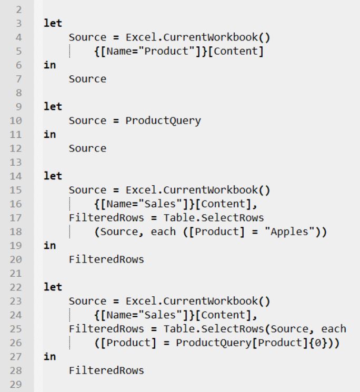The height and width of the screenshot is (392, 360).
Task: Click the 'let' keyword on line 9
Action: (x=53, y=107)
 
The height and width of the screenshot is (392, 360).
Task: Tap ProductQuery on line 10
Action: (x=163, y=120)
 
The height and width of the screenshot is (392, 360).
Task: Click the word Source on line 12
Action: (x=87, y=148)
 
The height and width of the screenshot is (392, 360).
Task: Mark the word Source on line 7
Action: (x=87, y=79)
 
